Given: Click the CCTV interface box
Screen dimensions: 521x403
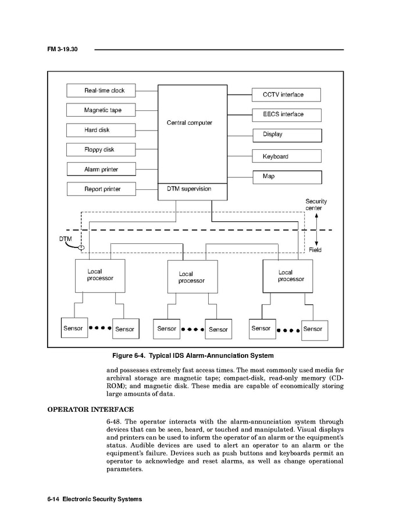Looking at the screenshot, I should point(286,95).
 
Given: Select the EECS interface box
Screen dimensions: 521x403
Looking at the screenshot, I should point(286,114).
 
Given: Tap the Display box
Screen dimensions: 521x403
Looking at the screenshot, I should point(286,135).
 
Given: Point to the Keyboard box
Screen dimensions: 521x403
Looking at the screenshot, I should point(286,156).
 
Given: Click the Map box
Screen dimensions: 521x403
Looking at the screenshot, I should point(286,177).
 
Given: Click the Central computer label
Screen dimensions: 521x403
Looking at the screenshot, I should point(189,123).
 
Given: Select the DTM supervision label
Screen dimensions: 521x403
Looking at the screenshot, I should point(185,189).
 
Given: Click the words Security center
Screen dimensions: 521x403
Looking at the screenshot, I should point(316,204).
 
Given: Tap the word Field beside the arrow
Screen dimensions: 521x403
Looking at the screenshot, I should point(315,250).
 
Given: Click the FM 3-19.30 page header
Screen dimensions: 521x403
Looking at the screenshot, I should point(62,50).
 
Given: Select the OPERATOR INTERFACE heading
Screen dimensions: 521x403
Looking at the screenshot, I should point(90,409).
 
